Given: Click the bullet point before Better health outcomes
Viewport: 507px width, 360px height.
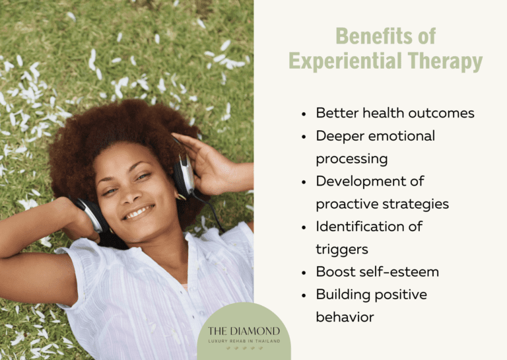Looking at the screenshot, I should [x=304, y=114].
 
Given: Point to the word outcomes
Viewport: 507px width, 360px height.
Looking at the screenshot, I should [x=442, y=113].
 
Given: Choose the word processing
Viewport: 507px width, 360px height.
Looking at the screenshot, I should [x=351, y=159].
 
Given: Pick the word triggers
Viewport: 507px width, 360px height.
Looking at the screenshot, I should [x=341, y=250].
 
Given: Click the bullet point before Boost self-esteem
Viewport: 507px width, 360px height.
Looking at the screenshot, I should [x=304, y=273].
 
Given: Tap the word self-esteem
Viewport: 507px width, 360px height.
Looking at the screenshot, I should [x=402, y=272].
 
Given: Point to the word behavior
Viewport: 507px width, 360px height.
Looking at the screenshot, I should [x=345, y=318].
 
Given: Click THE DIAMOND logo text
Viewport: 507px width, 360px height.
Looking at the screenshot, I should [x=244, y=330].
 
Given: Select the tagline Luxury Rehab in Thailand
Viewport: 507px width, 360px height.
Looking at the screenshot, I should [x=244, y=341].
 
